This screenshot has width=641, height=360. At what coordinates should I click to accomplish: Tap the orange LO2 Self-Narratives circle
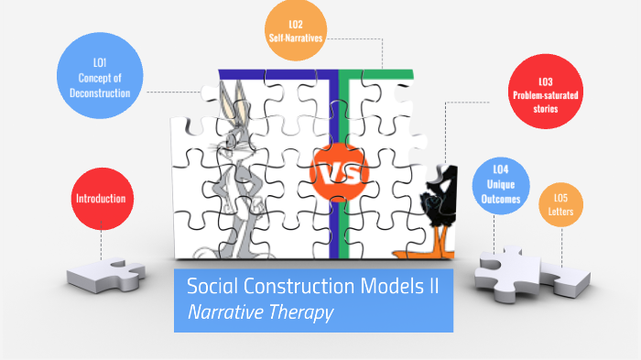click(x=296, y=31)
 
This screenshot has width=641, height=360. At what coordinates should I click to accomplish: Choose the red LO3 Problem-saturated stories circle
click(x=546, y=95)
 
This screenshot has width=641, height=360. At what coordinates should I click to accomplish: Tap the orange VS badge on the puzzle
click(x=339, y=171)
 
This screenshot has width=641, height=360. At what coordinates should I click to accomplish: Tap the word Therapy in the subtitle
click(x=301, y=311)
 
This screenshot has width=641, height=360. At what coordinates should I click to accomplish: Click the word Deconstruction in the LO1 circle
click(x=100, y=93)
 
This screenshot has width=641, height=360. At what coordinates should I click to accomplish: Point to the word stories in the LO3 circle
click(x=546, y=109)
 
